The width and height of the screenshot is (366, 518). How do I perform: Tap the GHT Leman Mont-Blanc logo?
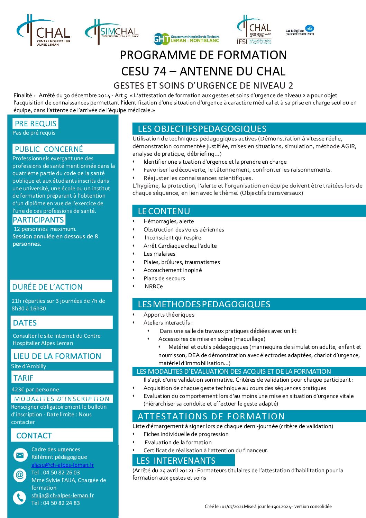(186, 39)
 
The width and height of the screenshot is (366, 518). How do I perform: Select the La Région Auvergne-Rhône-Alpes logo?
(300, 30)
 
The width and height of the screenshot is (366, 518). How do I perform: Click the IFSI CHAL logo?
(254, 30)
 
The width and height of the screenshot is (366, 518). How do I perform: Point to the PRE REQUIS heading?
(35, 124)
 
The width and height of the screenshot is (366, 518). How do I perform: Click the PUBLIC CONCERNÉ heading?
(49, 149)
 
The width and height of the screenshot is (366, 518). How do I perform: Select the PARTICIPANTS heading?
(38, 220)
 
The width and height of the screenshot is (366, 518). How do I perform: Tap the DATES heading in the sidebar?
(25, 323)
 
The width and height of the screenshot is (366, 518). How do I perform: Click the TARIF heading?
(24, 378)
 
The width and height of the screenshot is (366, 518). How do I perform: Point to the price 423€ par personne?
(35, 389)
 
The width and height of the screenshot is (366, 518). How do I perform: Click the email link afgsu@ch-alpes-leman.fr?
(63, 465)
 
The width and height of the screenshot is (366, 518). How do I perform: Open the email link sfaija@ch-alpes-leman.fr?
(63, 495)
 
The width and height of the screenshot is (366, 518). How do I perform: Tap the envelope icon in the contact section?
(20, 455)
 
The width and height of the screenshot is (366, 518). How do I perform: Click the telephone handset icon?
(20, 498)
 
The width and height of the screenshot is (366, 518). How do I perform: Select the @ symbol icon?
(20, 475)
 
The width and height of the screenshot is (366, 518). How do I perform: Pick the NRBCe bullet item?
(154, 286)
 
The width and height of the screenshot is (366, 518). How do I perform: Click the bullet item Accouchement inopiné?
(173, 270)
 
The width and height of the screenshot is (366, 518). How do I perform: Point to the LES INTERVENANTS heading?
(176, 461)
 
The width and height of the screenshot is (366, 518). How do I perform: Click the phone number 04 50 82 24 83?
(61, 503)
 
